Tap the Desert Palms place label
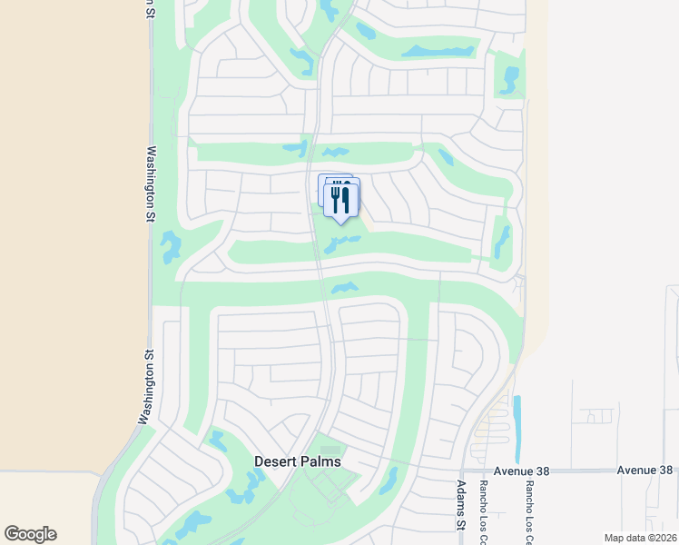point(298,461)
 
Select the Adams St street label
point(461,505)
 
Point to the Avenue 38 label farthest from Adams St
point(645,471)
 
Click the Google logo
point(30,534)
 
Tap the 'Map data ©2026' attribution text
point(639,538)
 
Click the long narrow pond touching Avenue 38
point(517,429)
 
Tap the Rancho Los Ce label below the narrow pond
point(524,507)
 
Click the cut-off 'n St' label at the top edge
point(149,8)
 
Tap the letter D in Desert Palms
point(260,461)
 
